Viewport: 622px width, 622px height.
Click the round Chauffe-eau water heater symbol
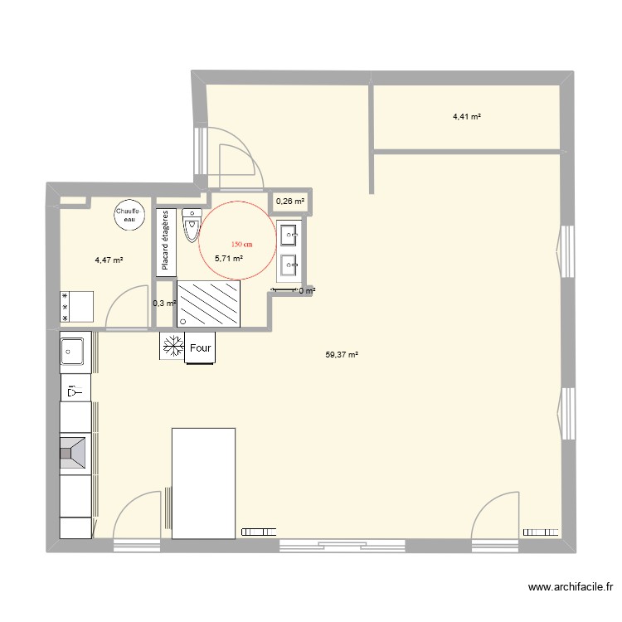pos(127,214)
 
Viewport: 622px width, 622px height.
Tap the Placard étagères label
pos(165,241)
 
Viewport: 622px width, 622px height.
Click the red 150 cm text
pos(241,245)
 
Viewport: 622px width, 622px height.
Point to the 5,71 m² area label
pos(229,259)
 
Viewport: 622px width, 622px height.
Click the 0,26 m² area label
pos(289,201)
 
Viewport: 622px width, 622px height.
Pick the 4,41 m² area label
pos(467,117)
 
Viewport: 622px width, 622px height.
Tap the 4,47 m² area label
pos(109,260)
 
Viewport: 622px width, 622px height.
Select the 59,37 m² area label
pos(342,355)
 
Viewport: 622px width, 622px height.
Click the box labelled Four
pos(200,347)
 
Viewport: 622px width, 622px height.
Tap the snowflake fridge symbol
pos(173,347)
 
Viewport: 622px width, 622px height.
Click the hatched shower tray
pos(208,304)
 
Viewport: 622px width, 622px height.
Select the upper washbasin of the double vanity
pos(289,236)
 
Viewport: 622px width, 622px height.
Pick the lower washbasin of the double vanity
pos(289,265)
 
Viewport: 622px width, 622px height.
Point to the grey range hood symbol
pos(75,453)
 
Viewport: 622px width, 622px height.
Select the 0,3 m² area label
pos(164,303)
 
